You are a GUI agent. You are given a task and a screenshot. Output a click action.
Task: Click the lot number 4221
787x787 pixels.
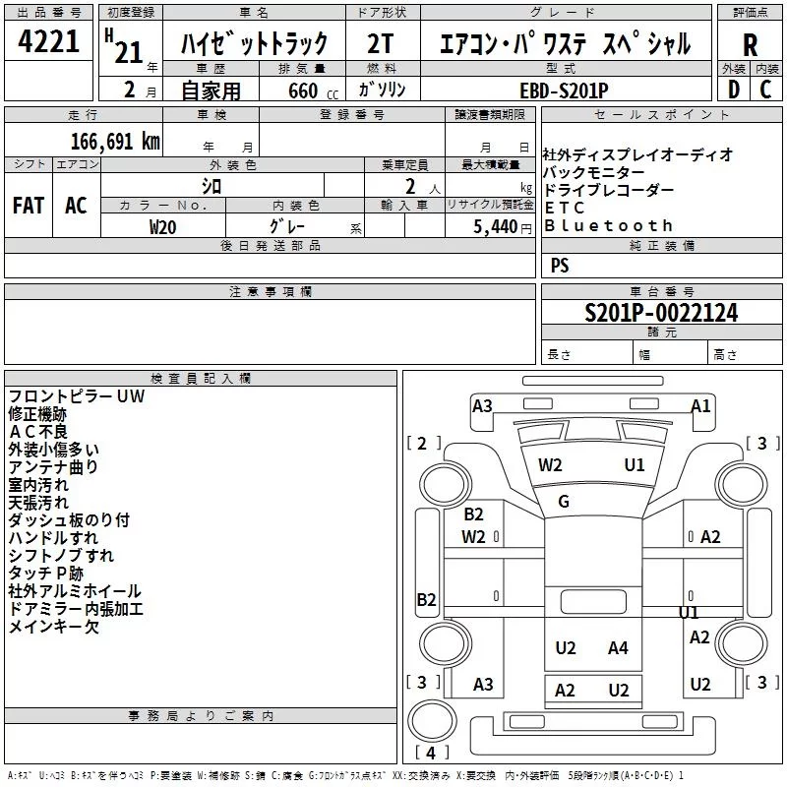[x=48, y=41]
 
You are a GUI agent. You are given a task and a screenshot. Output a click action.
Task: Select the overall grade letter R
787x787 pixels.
[x=750, y=45]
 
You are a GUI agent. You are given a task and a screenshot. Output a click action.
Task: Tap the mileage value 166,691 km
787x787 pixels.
[x=115, y=142]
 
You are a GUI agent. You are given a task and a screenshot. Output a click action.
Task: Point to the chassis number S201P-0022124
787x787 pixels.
[x=661, y=313]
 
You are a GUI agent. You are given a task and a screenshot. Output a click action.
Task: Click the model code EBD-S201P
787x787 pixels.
[x=564, y=91]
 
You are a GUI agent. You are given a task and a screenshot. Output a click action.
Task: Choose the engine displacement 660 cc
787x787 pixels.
[x=313, y=91]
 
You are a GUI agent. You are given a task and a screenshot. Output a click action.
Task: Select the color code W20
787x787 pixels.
[x=162, y=227]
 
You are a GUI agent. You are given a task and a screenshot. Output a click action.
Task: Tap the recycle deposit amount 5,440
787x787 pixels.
[x=496, y=227]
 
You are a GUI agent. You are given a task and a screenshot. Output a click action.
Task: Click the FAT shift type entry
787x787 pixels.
[x=29, y=206]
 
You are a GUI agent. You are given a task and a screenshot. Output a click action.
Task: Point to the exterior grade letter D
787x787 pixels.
[x=734, y=90]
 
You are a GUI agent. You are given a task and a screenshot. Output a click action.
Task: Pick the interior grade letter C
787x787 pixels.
[x=765, y=90]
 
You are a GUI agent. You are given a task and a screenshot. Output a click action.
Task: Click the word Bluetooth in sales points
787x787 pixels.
[x=608, y=225]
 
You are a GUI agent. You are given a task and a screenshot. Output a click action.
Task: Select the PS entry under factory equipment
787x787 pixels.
[x=560, y=265]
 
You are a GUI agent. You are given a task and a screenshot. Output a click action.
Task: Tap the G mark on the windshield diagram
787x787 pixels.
[x=564, y=501]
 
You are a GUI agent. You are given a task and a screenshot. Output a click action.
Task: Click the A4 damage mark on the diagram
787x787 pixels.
[x=618, y=648]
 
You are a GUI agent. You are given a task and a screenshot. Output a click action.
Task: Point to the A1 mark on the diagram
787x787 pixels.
[x=700, y=405]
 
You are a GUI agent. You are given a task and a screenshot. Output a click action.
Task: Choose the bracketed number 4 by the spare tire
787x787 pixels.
[x=431, y=753]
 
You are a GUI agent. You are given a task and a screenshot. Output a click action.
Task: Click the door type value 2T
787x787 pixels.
[x=380, y=43]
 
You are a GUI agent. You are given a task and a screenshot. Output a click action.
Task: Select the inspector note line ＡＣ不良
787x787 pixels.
[x=38, y=432]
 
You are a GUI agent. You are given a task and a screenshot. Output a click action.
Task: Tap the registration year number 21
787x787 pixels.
[x=129, y=52]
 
